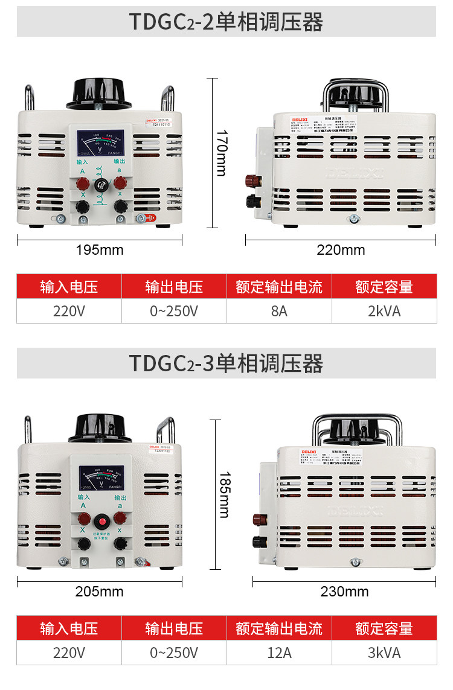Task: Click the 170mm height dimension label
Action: tap(221, 153)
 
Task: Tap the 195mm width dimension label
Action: tap(100, 250)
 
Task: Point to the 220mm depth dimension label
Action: tap(341, 250)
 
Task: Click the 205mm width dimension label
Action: tap(100, 592)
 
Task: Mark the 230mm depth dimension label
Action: tap(344, 592)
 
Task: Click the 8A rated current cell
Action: tap(279, 311)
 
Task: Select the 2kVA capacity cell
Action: tap(384, 311)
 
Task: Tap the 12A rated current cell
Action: tap(279, 653)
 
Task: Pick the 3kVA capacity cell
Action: tap(384, 653)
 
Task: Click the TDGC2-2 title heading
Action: tap(226, 22)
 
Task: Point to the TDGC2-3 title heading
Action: tap(226, 363)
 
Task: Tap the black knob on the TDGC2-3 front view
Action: tap(100, 429)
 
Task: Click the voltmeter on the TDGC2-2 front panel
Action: tap(100, 145)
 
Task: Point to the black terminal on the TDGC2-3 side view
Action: tap(256, 540)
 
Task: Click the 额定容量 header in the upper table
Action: tap(384, 286)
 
